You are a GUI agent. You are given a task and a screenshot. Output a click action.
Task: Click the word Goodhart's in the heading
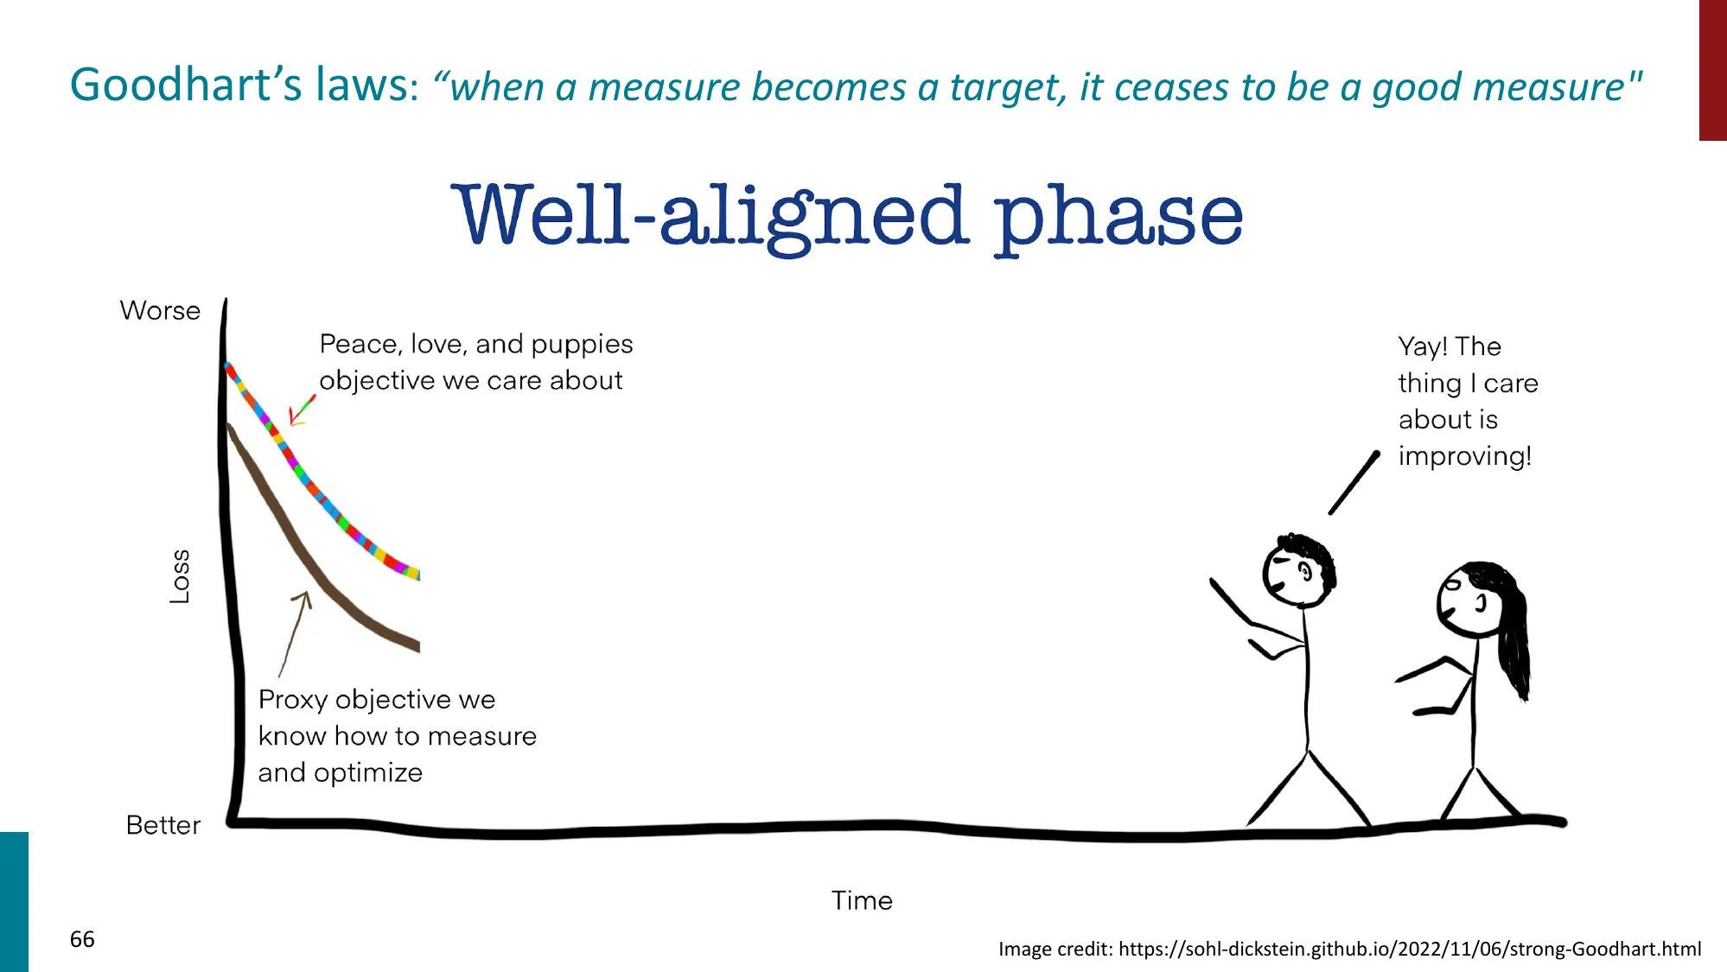click(187, 85)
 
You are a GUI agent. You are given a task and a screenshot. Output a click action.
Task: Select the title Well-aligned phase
click(847, 216)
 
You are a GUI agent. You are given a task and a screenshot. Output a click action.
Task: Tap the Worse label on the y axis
click(160, 310)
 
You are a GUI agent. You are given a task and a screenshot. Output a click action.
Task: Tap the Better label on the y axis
click(163, 825)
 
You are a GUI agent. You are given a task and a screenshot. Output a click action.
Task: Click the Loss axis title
click(179, 576)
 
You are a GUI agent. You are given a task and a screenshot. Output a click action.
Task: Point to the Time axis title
click(862, 900)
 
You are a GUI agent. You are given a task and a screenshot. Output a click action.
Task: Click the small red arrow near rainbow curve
click(301, 411)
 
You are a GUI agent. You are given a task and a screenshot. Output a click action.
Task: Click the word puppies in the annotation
click(582, 345)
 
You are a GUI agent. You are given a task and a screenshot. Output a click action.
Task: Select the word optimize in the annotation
click(368, 772)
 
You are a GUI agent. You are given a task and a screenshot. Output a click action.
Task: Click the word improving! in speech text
click(1464, 456)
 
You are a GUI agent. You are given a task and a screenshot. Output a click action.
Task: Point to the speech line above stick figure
click(1354, 483)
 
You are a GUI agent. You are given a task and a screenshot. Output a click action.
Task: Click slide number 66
click(82, 939)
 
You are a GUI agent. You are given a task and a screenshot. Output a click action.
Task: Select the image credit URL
click(1409, 949)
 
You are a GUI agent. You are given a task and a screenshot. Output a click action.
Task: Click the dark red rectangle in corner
click(1712, 69)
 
